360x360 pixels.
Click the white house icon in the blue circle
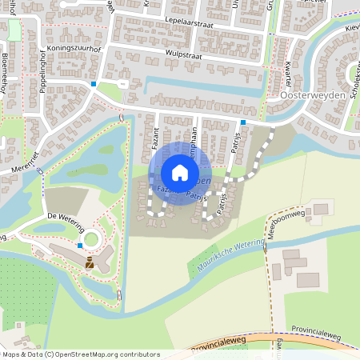coord(180,173)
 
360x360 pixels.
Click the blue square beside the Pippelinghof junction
coord(94,83)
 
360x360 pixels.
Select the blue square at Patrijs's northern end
coord(242,122)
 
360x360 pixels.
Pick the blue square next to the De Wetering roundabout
coord(80,246)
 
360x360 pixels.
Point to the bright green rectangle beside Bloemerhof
coord(14,30)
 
